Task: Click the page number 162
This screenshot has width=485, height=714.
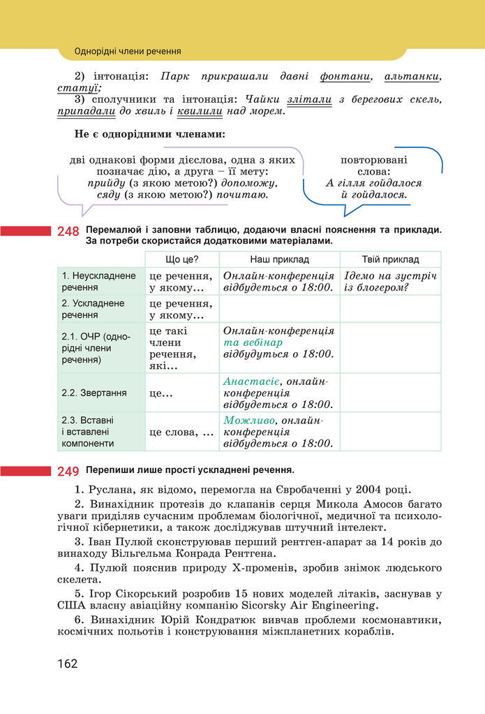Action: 68,663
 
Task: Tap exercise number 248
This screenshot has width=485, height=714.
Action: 68,231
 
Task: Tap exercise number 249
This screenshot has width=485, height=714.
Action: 68,471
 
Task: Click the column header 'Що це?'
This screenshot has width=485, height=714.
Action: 181,259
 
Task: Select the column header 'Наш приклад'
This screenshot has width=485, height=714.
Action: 279,259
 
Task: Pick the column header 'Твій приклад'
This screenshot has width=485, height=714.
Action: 390,259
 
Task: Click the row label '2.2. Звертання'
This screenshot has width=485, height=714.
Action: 94,393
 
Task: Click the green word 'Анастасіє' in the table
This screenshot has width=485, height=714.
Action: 251,381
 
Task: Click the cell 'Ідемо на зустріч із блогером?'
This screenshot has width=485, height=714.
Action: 389,281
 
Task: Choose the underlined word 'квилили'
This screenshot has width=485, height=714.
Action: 200,111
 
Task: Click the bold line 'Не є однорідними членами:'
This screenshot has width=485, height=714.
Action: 150,134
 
